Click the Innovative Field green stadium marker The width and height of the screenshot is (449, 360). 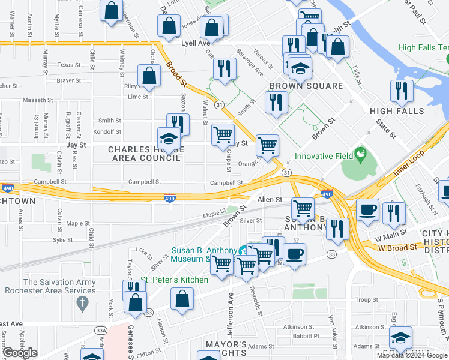(x=360, y=154)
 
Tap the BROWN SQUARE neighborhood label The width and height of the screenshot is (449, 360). (x=306, y=86)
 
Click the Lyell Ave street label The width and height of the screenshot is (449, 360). (x=196, y=43)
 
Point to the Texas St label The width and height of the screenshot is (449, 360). (x=69, y=65)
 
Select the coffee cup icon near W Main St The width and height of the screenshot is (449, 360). (x=367, y=210)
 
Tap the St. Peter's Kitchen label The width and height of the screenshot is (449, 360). (x=175, y=280)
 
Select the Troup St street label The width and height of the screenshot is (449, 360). (x=366, y=299)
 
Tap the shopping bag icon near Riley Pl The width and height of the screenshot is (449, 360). (x=149, y=76)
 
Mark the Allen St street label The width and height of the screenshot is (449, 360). (x=270, y=199)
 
